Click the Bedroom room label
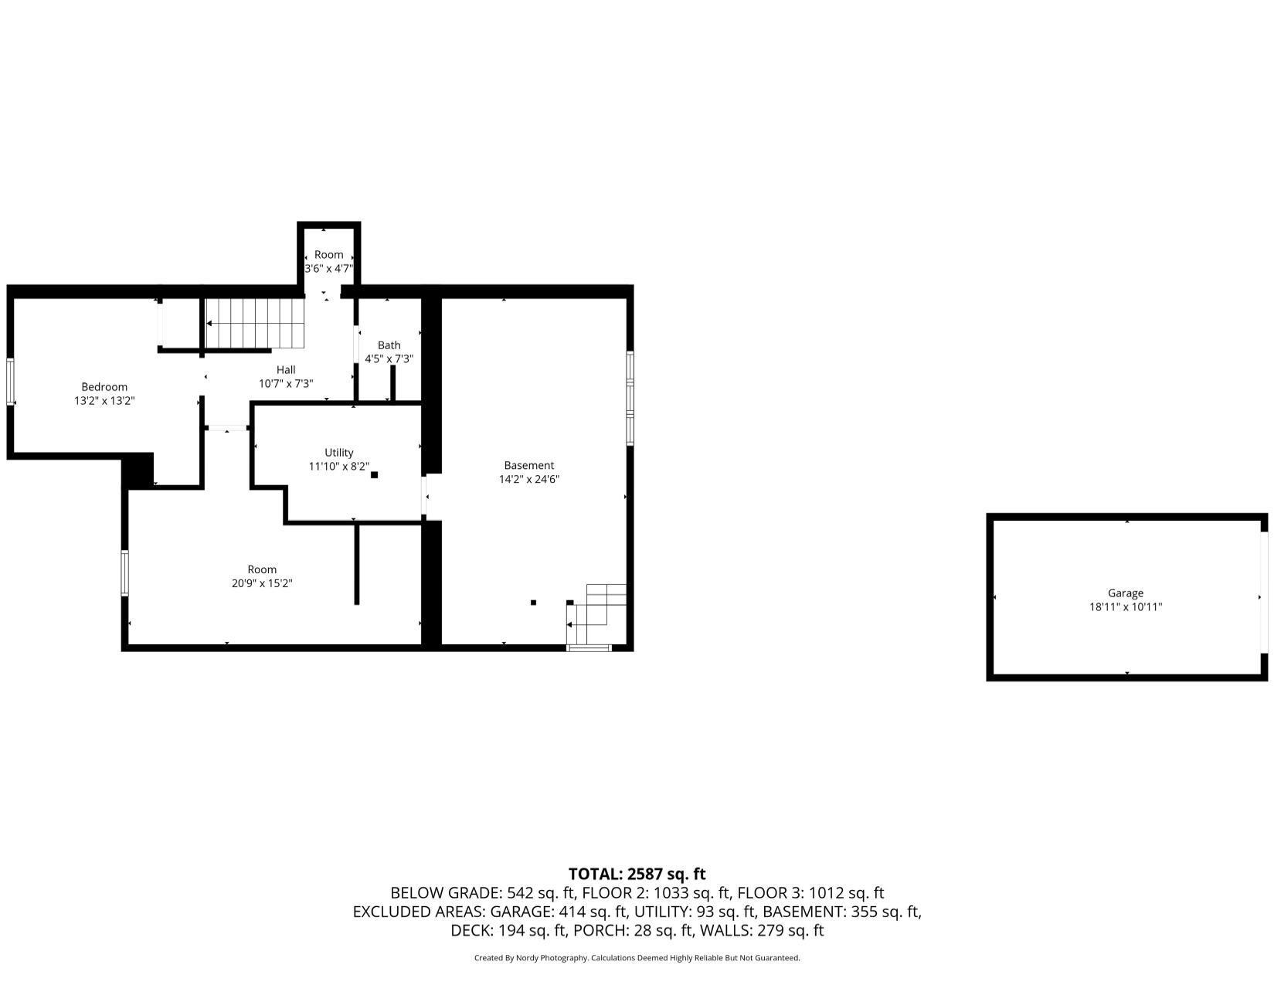pyautogui.click(x=104, y=387)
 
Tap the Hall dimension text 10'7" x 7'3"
pyautogui.click(x=286, y=384)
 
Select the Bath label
pyautogui.click(x=389, y=345)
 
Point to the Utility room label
pyautogui.click(x=339, y=453)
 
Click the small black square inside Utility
pyautogui.click(x=374, y=474)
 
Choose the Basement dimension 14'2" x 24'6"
pyautogui.click(x=528, y=479)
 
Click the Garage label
pyautogui.click(x=1125, y=593)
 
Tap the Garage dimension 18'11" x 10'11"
pyautogui.click(x=1125, y=607)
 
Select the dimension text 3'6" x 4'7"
pyautogui.click(x=328, y=268)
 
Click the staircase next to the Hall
pyautogui.click(x=255, y=323)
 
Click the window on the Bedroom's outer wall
pyautogui.click(x=11, y=382)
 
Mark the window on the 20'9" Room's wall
pyautogui.click(x=125, y=573)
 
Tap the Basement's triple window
pyautogui.click(x=630, y=399)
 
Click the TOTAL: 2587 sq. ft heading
pyautogui.click(x=637, y=874)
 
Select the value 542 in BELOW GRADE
pyautogui.click(x=519, y=893)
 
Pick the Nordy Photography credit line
pyautogui.click(x=637, y=958)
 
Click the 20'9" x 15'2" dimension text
pyautogui.click(x=261, y=583)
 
